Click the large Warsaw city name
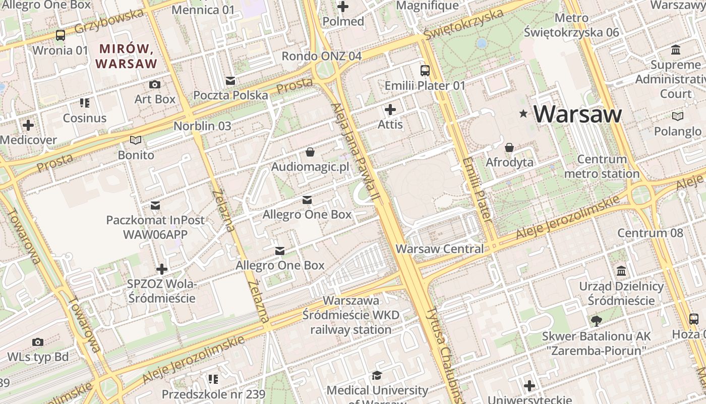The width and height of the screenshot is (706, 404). point(577,114)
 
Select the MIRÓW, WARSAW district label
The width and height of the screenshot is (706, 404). point(126,56)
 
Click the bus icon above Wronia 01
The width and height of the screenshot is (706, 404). point(61,35)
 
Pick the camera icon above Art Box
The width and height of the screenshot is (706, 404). point(155,84)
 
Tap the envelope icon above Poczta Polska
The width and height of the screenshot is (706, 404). point(230,81)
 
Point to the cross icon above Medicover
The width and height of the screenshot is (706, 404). point(28,125)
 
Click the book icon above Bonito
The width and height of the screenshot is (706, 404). point(136,140)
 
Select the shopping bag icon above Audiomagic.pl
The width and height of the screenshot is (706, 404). point(310,151)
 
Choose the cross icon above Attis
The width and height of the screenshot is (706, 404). point(390,109)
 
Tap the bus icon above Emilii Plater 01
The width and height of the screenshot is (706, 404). point(425,71)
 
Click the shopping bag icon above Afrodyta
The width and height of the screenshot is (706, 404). point(509,147)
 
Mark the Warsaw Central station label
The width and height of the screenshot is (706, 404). point(439,249)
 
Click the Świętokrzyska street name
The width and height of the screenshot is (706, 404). point(463,24)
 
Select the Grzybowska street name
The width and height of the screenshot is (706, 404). point(109,22)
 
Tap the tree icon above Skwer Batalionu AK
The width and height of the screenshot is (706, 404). point(596,321)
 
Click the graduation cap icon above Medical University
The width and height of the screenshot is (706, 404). point(377,375)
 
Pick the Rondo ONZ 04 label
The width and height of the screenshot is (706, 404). point(321,56)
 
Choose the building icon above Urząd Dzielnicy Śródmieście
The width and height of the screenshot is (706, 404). point(621,271)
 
